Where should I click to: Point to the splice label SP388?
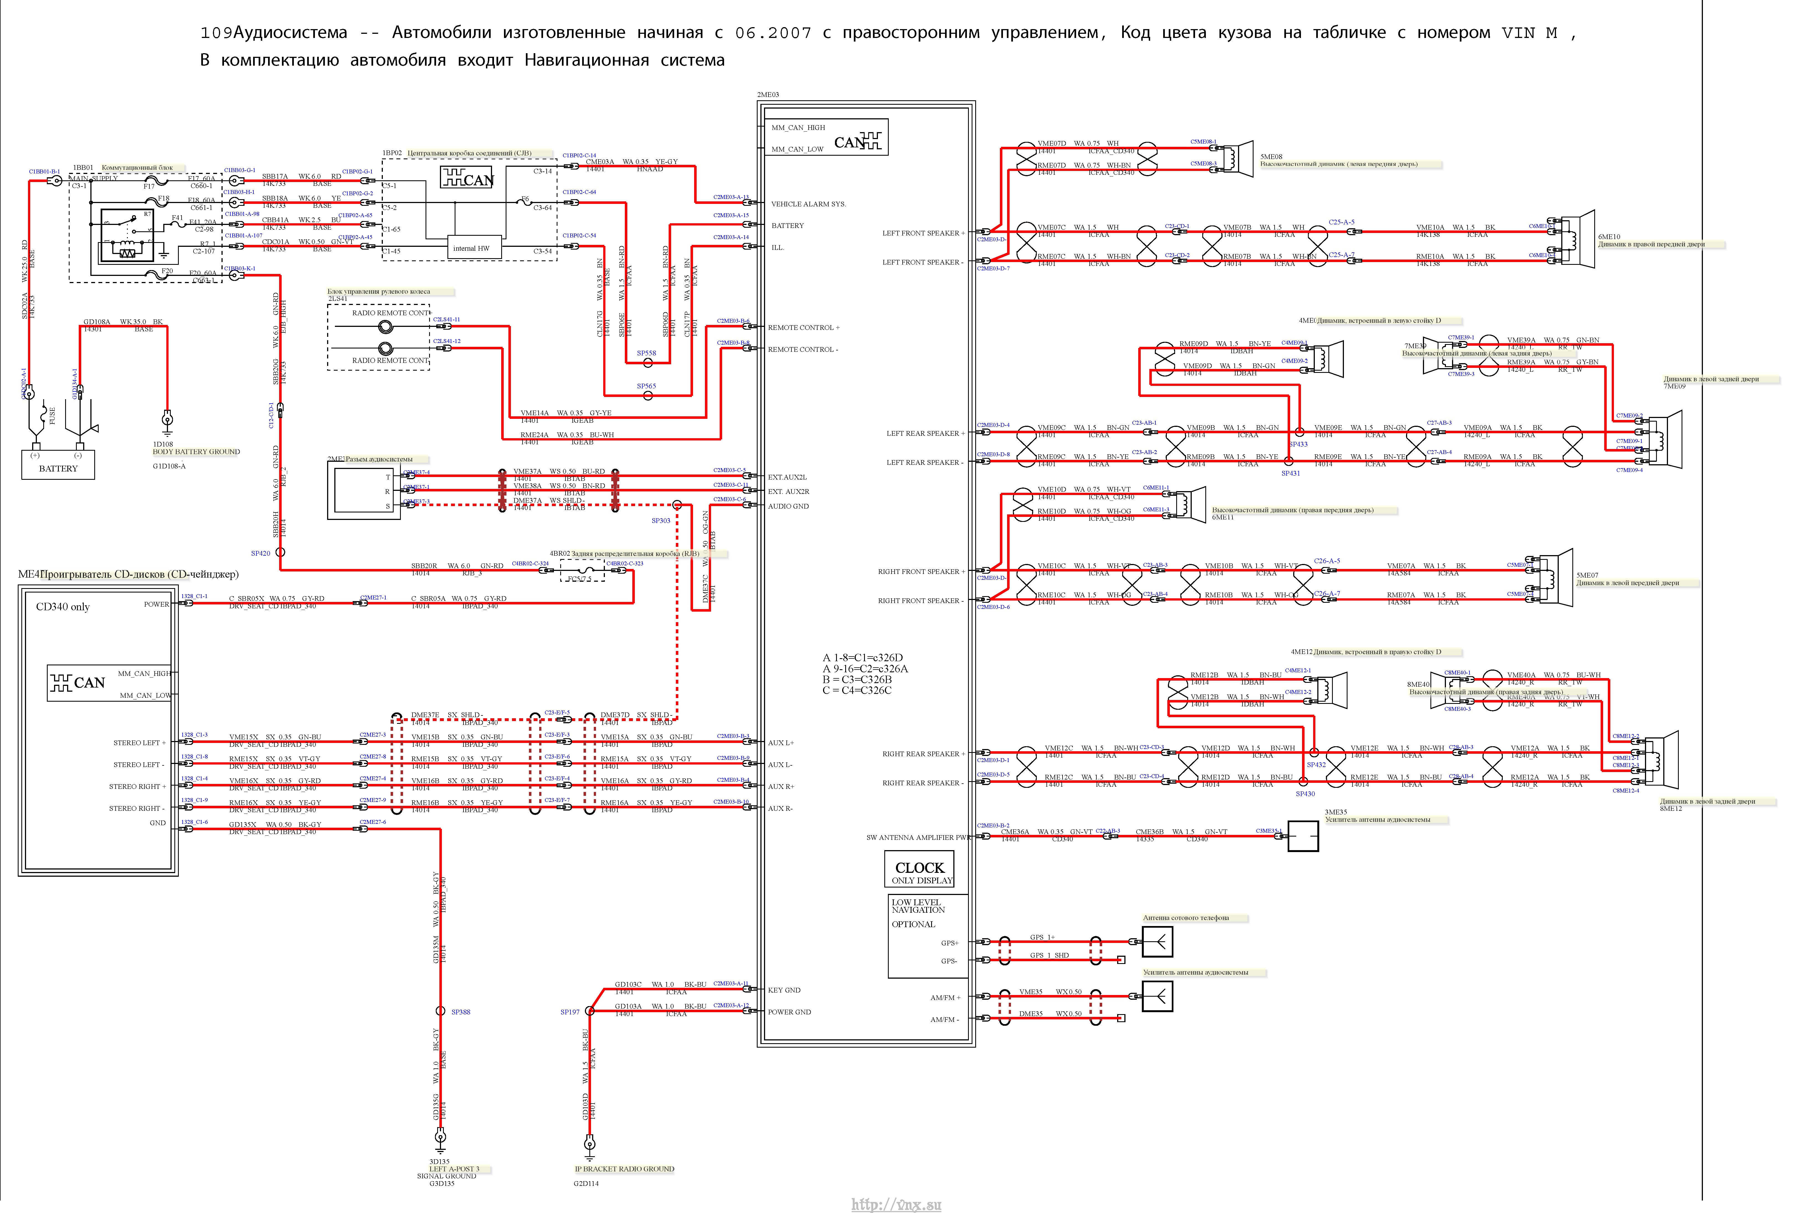461,1012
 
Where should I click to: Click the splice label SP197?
569,1012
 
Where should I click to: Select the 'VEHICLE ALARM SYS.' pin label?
808,204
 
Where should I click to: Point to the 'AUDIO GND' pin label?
788,507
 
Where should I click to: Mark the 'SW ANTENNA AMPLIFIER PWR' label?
918,837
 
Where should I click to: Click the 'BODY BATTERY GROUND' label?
196,452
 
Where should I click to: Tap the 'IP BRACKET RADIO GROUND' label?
624,1169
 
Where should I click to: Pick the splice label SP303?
660,520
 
